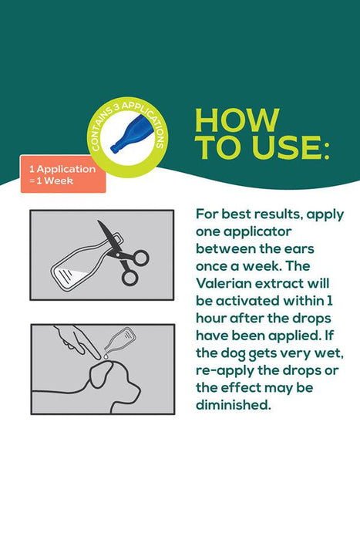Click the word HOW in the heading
[x=237, y=120]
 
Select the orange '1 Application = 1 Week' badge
[x=63, y=174]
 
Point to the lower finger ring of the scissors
[x=130, y=278]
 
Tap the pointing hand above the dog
[x=75, y=341]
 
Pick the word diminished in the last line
[x=234, y=405]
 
